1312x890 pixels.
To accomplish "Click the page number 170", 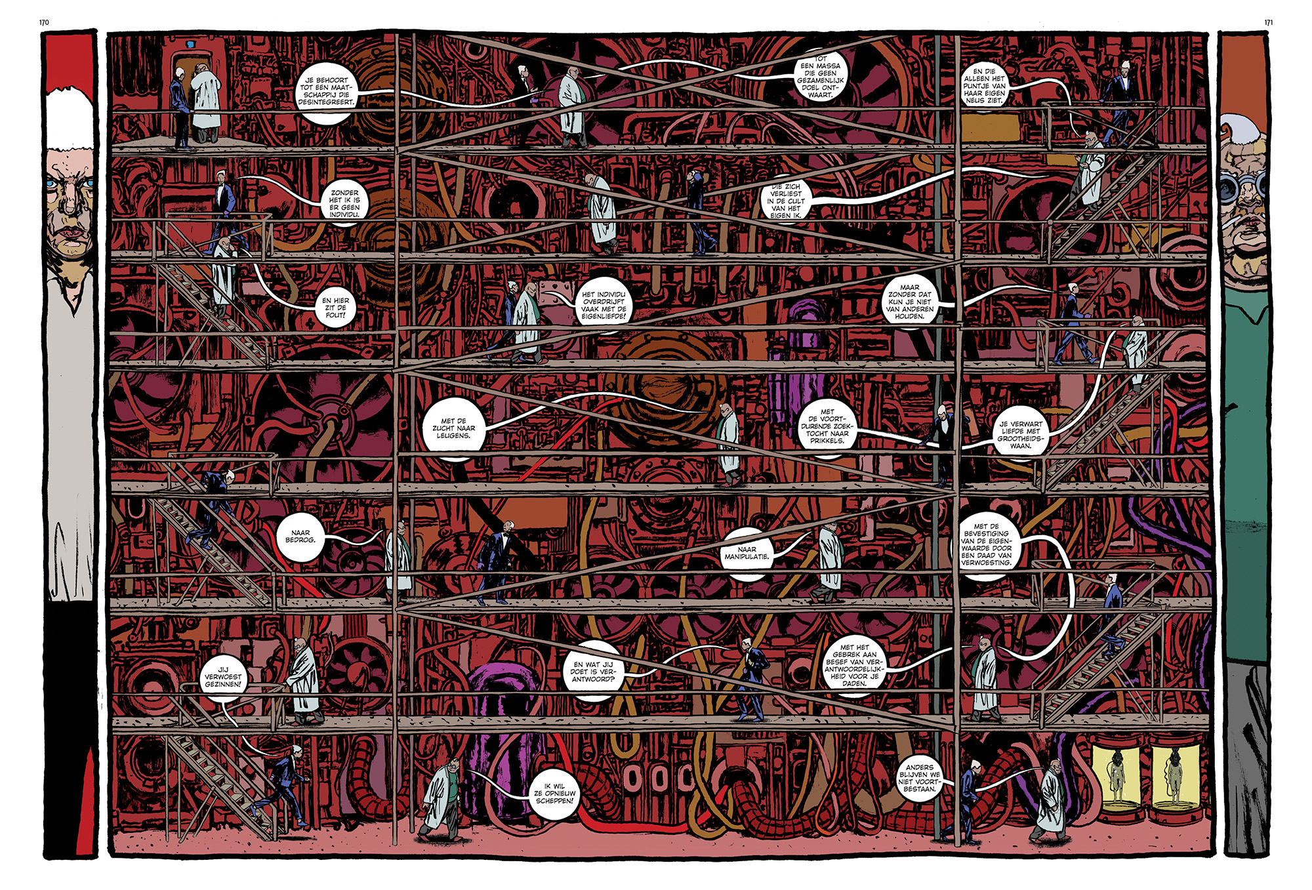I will pyautogui.click(x=44, y=22).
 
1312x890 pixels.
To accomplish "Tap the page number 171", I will pyautogui.click(x=1268, y=22).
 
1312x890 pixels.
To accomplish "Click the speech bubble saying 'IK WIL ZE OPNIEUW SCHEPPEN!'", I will pyautogui.click(x=554, y=793).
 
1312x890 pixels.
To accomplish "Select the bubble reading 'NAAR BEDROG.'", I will pyautogui.click(x=300, y=536).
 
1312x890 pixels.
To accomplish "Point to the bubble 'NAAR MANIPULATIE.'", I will pyautogui.click(x=747, y=553).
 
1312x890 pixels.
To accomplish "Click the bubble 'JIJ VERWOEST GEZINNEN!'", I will pyautogui.click(x=223, y=677).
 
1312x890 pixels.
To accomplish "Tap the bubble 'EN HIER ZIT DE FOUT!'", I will pyautogui.click(x=335, y=308).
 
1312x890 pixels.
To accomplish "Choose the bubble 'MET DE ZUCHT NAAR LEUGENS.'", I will pyautogui.click(x=453, y=428).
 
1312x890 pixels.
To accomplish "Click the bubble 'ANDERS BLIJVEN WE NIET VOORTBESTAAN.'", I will pyautogui.click(x=919, y=778).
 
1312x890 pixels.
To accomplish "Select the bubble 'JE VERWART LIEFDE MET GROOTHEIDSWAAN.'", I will pyautogui.click(x=1021, y=435).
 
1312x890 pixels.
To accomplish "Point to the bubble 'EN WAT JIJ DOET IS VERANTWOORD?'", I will pyautogui.click(x=593, y=672).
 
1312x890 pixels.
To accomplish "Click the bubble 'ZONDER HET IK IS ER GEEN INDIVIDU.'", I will pyautogui.click(x=344, y=203).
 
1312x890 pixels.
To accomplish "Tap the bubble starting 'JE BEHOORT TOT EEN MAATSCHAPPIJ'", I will pyautogui.click(x=326, y=91).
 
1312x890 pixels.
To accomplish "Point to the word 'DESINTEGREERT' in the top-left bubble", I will pyautogui.click(x=326, y=102).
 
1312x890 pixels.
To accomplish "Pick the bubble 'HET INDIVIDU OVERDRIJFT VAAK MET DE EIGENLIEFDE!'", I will pyautogui.click(x=604, y=306).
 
